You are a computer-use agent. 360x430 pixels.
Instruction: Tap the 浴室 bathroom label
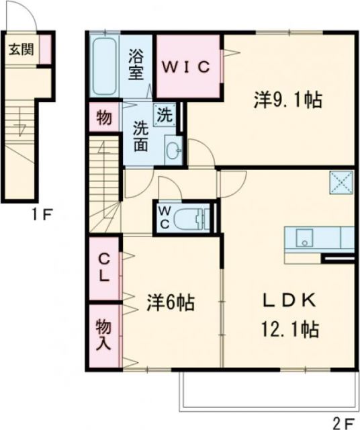pyautogui.click(x=136, y=64)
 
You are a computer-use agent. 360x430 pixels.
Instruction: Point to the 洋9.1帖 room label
pyautogui.click(x=287, y=101)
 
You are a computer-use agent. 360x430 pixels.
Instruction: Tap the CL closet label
pyautogui.click(x=105, y=267)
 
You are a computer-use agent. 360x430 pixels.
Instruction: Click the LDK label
pyautogui.click(x=289, y=301)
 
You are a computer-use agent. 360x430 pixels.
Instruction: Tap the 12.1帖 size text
pyautogui.click(x=289, y=329)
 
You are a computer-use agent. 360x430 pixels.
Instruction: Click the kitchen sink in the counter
pyautogui.click(x=303, y=237)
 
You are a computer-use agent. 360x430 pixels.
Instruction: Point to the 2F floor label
pyautogui.click(x=342, y=423)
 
